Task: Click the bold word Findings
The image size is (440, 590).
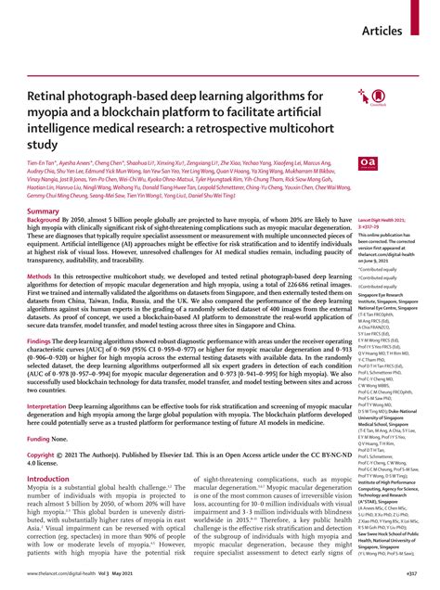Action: tap(44, 340)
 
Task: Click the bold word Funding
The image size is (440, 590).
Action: tap(44, 438)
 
